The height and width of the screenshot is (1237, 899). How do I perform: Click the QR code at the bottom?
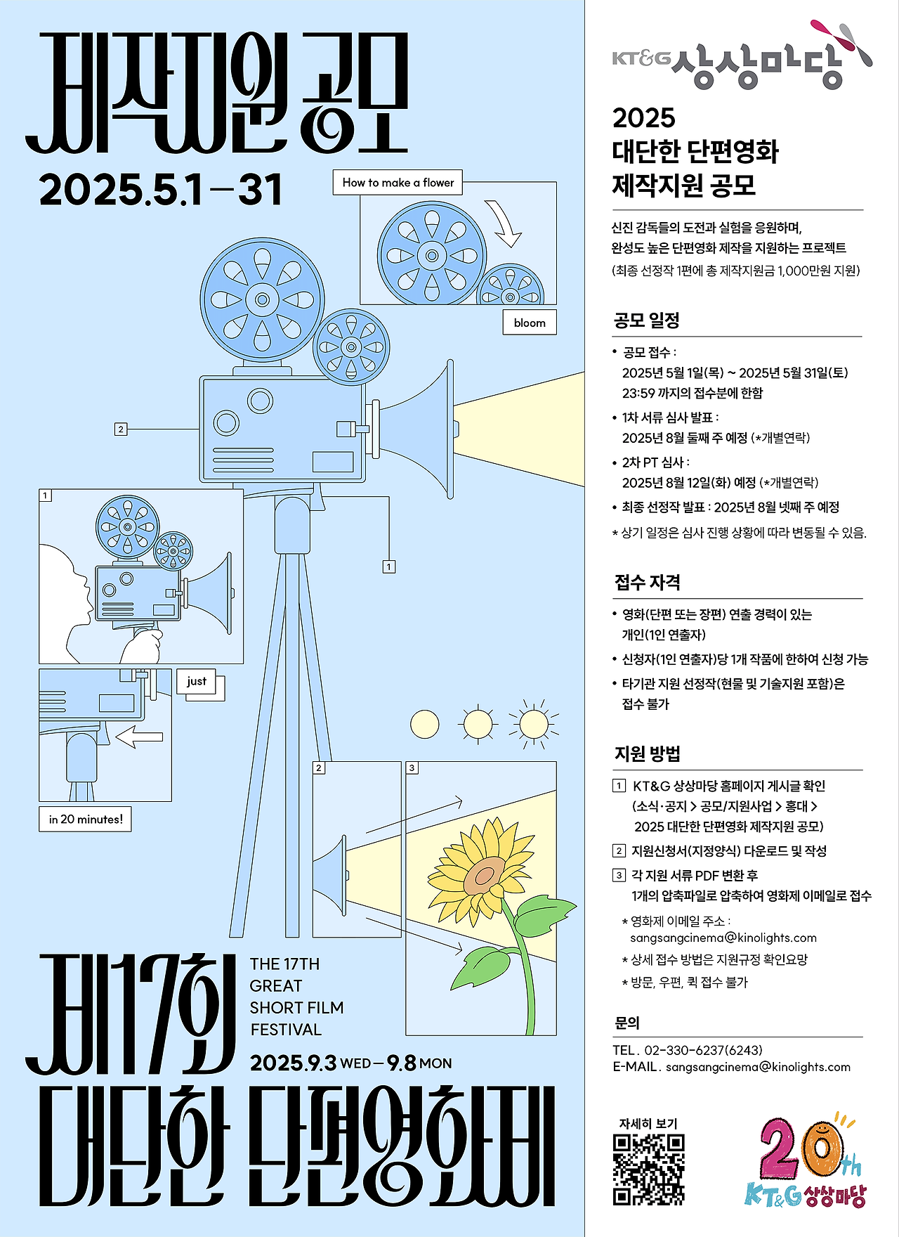648,1170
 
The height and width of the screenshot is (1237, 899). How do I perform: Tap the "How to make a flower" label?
398,182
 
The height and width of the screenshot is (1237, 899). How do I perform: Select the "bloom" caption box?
530,323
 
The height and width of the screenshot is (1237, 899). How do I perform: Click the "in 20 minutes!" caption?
86,819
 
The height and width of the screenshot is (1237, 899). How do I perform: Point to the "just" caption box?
197,681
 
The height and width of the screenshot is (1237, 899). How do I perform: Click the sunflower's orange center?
485,876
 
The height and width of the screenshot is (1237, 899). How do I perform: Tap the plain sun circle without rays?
424,724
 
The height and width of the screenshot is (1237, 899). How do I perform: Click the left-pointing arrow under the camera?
139,737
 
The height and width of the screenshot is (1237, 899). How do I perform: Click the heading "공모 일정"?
647,320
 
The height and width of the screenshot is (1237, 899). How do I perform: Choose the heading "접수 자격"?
647,582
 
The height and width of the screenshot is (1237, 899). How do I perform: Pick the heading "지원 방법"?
647,754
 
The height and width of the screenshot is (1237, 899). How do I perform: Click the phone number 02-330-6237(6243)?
703,1050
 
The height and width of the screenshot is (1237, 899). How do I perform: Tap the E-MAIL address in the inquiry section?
758,1067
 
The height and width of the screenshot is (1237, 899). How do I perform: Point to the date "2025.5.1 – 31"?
161,190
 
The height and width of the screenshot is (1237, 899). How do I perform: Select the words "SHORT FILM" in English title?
296,1008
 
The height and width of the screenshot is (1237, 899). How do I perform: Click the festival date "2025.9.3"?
293,1063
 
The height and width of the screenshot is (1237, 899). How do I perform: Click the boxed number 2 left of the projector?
121,429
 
